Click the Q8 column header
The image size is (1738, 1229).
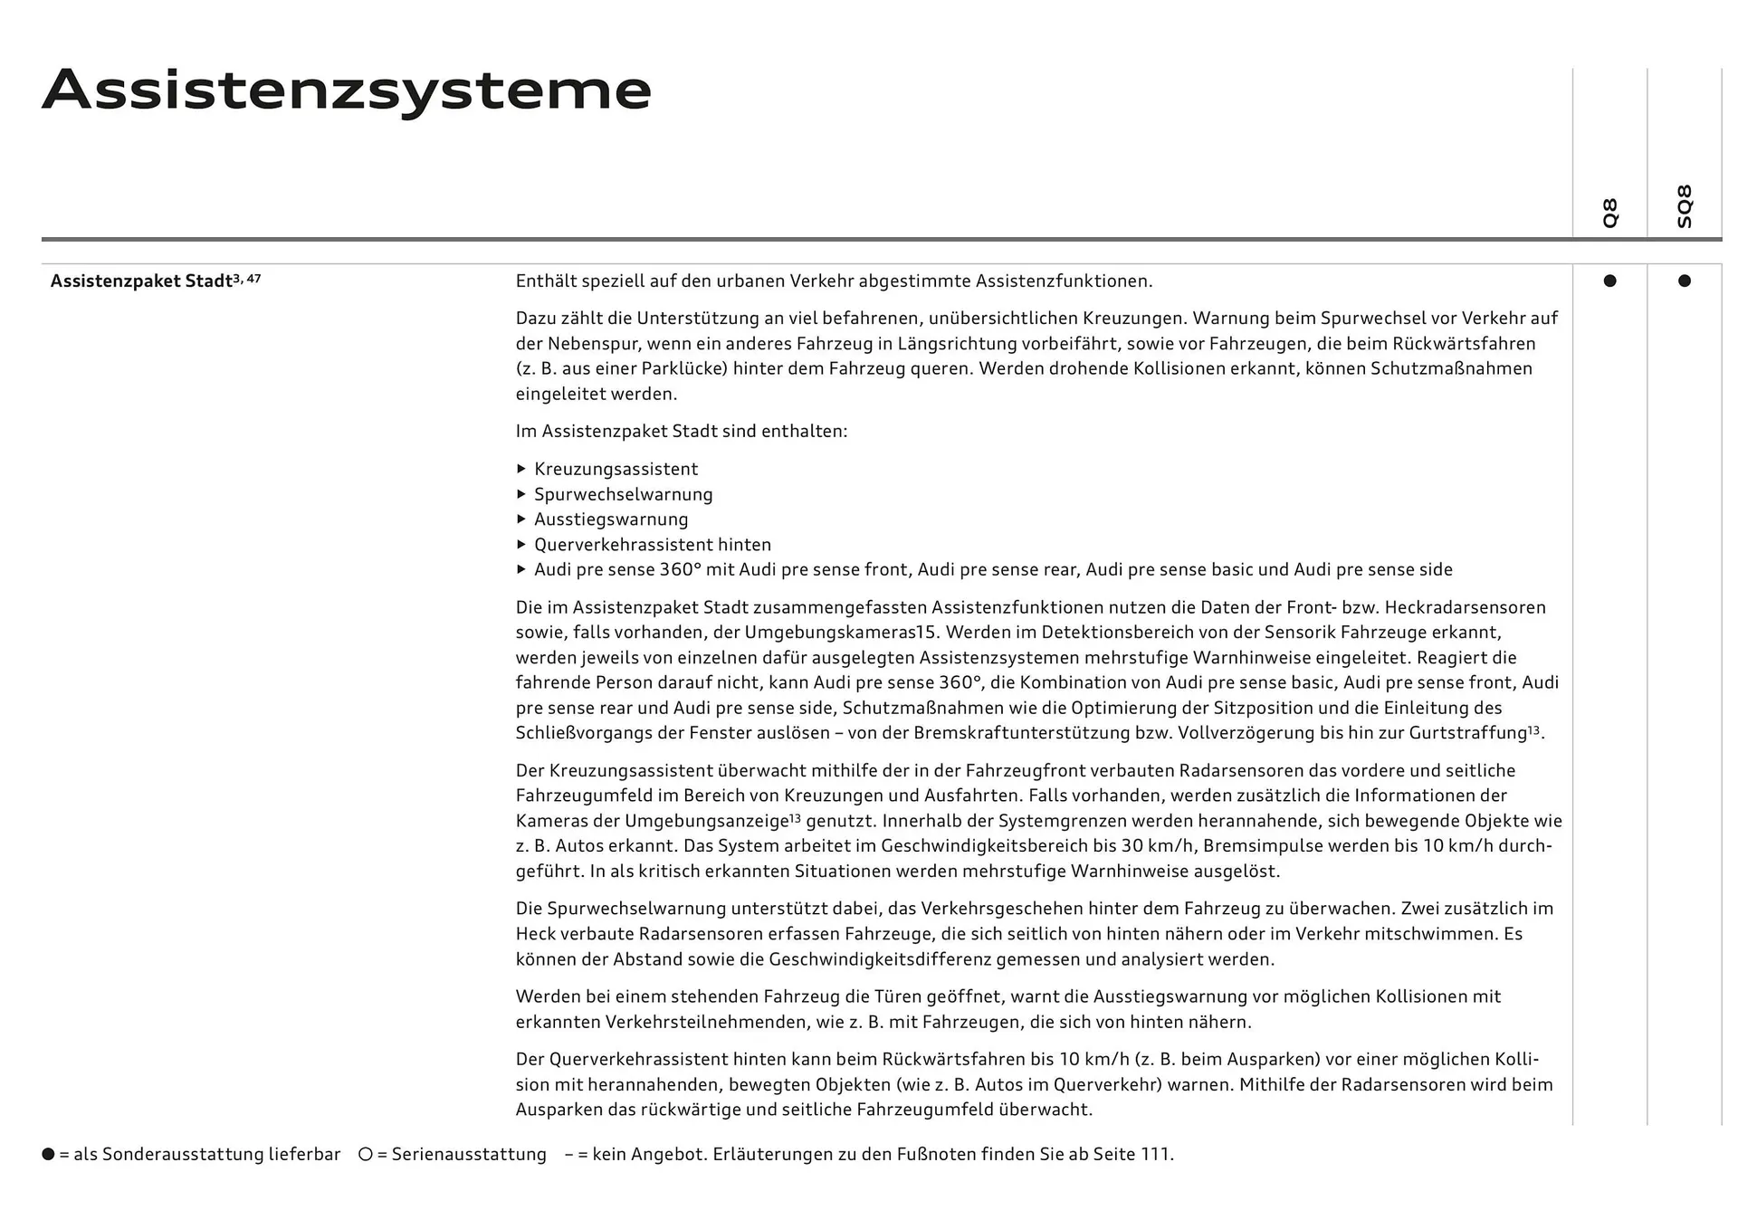point(1609,213)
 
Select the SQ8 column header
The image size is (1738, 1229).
point(1684,206)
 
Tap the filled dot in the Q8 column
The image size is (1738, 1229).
point(1609,281)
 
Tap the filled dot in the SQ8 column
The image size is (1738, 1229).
point(1684,281)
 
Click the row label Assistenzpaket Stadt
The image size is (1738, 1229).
point(141,281)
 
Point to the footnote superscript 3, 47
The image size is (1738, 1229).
point(247,278)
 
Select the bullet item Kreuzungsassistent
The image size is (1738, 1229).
point(616,469)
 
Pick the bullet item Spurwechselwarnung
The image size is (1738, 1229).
point(623,494)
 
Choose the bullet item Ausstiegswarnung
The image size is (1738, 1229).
point(611,519)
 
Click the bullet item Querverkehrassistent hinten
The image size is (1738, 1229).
point(652,545)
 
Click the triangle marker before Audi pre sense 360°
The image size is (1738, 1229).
point(521,569)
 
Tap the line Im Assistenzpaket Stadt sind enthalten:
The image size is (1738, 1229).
point(681,431)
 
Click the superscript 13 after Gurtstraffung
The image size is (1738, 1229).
point(1533,729)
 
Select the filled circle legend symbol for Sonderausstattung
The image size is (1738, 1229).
point(48,1154)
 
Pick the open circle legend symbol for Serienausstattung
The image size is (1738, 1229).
point(365,1154)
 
